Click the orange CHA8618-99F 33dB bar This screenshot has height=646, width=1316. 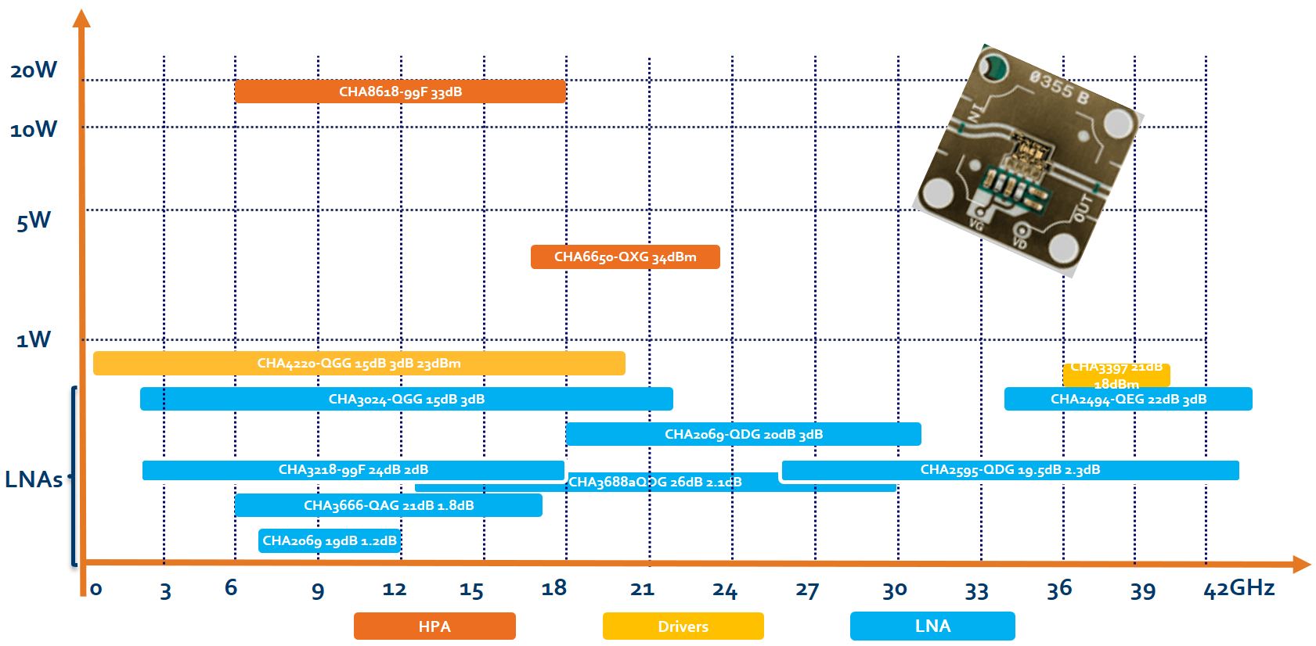pos(400,92)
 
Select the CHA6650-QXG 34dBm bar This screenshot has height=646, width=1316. pos(625,257)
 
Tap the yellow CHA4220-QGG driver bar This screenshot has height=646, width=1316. pos(359,363)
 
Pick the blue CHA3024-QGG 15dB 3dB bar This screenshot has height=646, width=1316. pos(406,399)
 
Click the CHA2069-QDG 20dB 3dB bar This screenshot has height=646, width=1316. pos(743,434)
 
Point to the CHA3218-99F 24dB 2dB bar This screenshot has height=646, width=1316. pos(353,469)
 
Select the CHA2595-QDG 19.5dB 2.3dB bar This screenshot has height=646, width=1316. pos(1010,469)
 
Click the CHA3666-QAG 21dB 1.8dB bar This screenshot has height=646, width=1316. pos(388,505)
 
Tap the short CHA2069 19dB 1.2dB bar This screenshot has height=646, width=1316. pos(329,540)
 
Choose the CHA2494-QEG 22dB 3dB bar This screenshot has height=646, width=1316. pos(1127,399)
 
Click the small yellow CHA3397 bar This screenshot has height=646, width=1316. pos(1116,375)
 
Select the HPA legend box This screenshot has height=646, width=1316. pos(434,626)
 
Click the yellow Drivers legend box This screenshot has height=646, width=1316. pos(683,626)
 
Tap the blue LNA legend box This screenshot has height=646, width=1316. pos(932,626)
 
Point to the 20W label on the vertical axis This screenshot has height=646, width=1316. pos(34,70)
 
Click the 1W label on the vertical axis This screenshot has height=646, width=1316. pos(34,339)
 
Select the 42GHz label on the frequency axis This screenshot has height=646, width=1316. pos(1238,588)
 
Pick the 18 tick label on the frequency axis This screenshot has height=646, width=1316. pos(553,588)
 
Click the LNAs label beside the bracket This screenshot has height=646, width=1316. pos(34,479)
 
